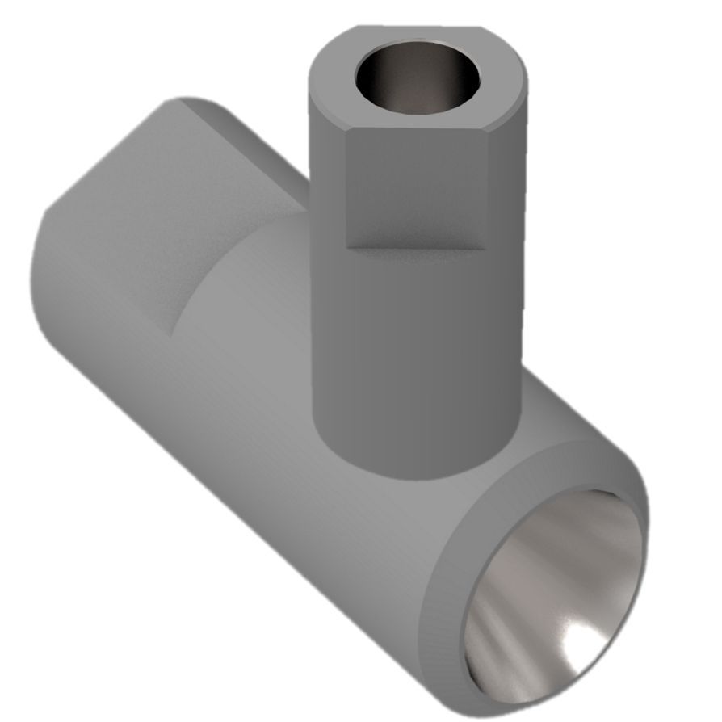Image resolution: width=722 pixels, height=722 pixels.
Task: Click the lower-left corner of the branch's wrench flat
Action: [x=346, y=246]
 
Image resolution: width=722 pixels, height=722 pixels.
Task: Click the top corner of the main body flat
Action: [x=182, y=101]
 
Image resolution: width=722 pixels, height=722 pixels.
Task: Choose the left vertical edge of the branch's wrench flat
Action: [x=346, y=190]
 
